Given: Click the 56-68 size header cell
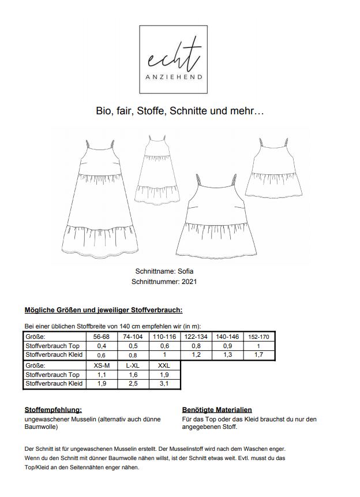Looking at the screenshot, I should pyautogui.click(x=101, y=336).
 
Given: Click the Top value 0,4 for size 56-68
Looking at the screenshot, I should pyautogui.click(x=101, y=345).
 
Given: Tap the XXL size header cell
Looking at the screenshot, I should pyautogui.click(x=164, y=365).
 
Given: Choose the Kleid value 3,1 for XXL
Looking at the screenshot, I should pyautogui.click(x=164, y=384).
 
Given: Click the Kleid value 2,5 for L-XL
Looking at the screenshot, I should pyautogui.click(x=133, y=384).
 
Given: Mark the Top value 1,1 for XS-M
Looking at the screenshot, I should pyautogui.click(x=101, y=374).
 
